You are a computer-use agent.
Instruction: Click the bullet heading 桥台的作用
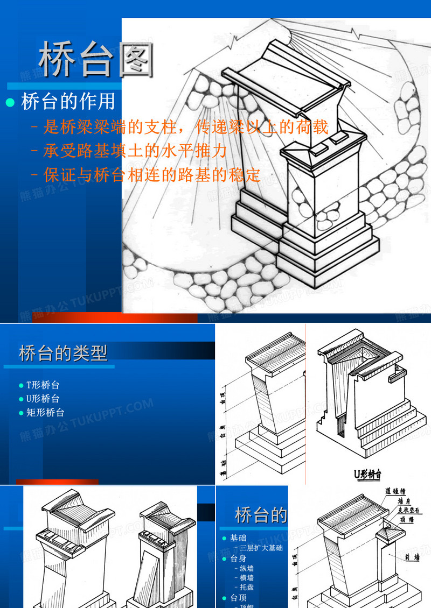coord(68,101)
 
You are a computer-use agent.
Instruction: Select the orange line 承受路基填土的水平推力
coord(135,151)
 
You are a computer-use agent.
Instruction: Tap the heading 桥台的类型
coord(63,353)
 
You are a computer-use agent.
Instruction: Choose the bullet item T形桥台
coord(43,385)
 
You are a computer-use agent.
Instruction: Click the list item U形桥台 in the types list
coord(43,399)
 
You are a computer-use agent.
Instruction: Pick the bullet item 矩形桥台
coord(45,413)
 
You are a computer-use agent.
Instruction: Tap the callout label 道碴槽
coord(395,491)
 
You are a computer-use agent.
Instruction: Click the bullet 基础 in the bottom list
coord(238,538)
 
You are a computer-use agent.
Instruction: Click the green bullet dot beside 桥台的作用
coord(9,102)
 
